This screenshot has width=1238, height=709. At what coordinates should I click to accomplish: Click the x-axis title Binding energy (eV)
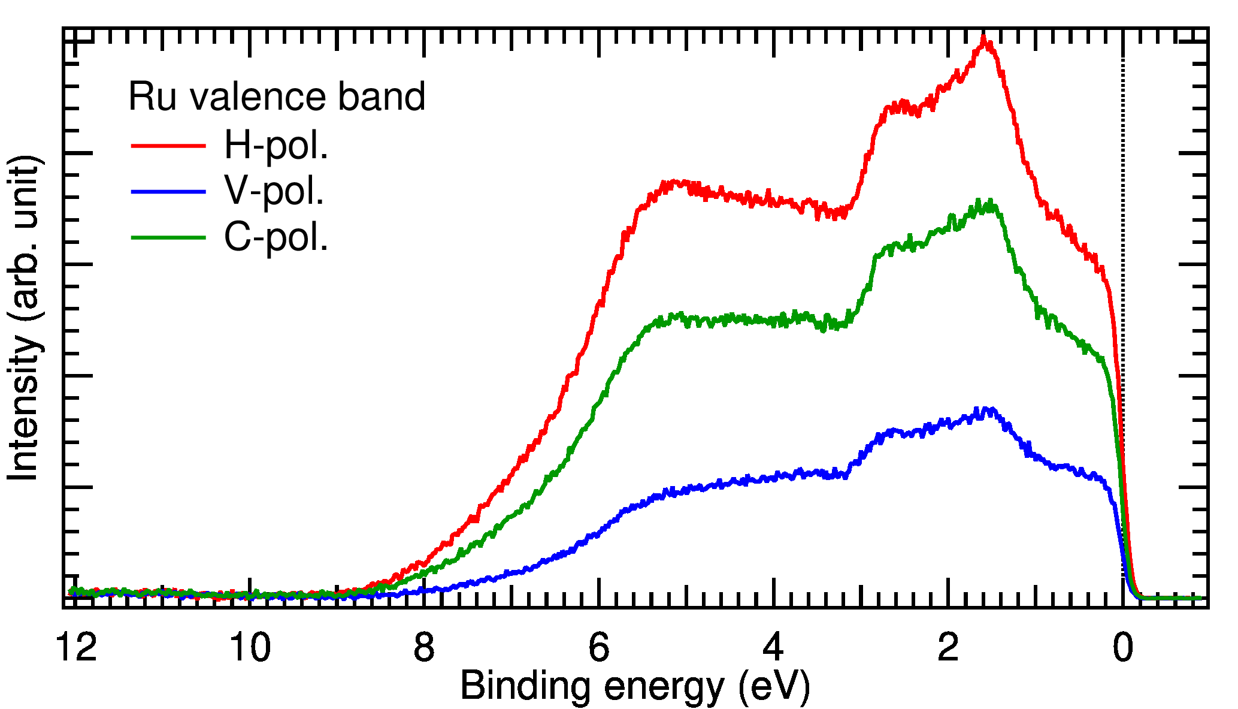click(635, 686)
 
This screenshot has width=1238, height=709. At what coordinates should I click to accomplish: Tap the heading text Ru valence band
click(277, 97)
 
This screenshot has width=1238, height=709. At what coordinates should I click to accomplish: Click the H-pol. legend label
click(276, 146)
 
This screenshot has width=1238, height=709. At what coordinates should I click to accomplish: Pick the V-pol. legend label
click(274, 192)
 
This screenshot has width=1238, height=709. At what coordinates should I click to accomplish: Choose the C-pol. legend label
click(276, 237)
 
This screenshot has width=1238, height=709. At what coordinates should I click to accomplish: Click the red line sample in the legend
click(168, 146)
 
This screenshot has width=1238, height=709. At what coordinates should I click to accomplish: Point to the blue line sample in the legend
click(168, 192)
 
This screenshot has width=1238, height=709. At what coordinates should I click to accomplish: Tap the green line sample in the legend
click(168, 237)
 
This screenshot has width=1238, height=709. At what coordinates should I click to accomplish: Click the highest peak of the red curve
click(983, 40)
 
